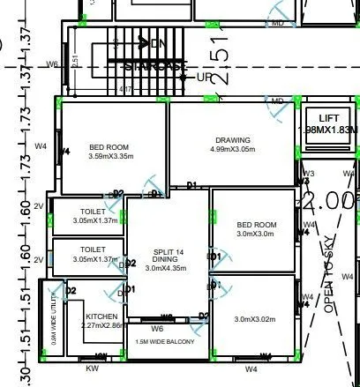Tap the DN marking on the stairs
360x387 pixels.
pos(160,42)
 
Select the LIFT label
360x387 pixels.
pos(328,117)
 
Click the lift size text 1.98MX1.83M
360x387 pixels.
pos(328,130)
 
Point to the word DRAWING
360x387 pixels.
pos(233,139)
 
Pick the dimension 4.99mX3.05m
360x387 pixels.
pos(233,150)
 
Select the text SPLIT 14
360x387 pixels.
pos(167,251)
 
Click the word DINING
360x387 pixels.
pos(167,260)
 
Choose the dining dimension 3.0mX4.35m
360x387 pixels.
pos(167,269)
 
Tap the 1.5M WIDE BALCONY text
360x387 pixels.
pos(166,341)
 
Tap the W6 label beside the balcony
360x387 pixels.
pos(158,328)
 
